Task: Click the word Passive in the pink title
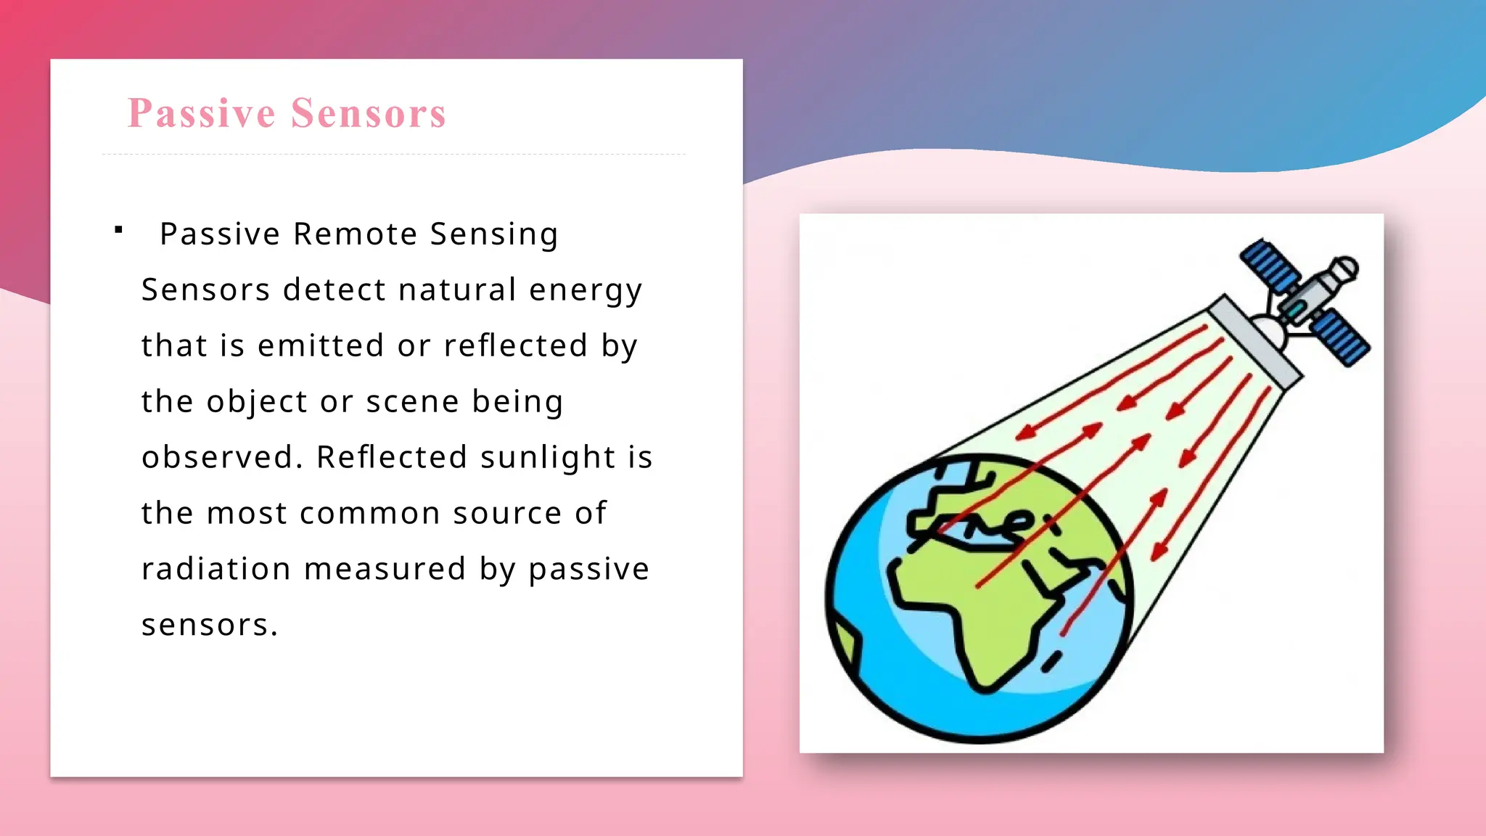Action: tap(201, 113)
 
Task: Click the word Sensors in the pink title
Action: tap(369, 113)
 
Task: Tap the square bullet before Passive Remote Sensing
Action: tap(118, 231)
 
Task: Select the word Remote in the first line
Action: tap(355, 234)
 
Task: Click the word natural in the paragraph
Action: tap(457, 290)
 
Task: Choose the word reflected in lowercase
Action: tap(515, 345)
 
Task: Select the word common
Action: tap(369, 513)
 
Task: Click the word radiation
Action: tap(215, 569)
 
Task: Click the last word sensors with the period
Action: tap(209, 625)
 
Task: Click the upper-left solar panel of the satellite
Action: tap(1269, 267)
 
